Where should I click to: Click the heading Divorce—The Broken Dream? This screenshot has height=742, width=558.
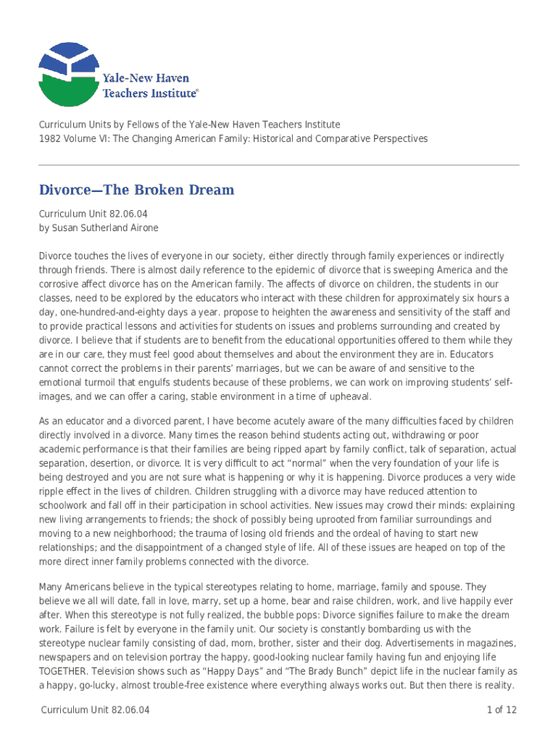tap(136, 191)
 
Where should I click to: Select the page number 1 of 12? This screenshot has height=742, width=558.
tap(501, 710)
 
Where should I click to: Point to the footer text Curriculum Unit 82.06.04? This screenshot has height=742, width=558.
tap(96, 710)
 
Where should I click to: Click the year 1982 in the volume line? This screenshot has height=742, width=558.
tap(50, 138)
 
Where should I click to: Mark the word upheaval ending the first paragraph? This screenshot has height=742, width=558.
tap(348, 396)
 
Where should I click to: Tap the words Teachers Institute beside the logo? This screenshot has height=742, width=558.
tap(149, 93)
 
